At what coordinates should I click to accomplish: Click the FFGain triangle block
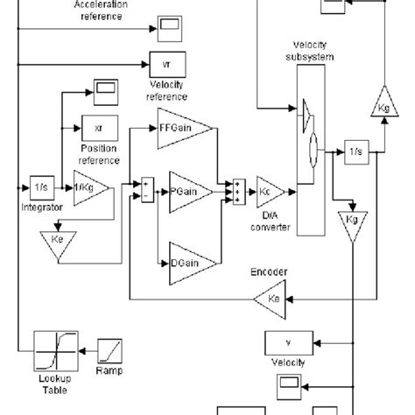[x=183, y=127]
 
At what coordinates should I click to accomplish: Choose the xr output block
[x=97, y=128]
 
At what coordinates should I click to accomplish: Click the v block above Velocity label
[x=281, y=342]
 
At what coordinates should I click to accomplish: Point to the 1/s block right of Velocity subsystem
[x=355, y=150]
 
